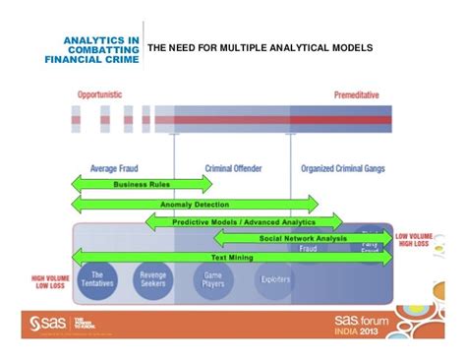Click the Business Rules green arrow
143,183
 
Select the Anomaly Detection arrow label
195,204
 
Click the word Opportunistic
99,94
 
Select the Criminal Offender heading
233,167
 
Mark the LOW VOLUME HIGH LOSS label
417,240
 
